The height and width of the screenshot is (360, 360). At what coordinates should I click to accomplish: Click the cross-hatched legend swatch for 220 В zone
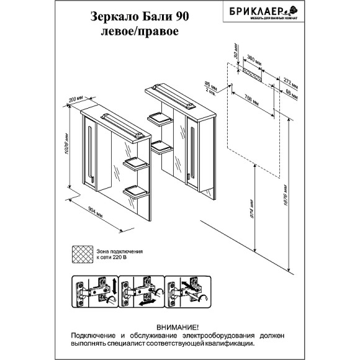[82, 254]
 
